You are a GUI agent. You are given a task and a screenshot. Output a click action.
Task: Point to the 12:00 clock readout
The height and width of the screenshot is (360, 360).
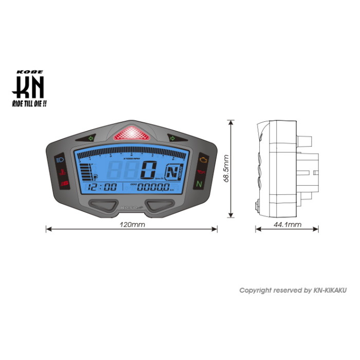pos(102,187)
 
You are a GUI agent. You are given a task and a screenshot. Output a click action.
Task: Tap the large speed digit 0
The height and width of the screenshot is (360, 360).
pos(149,169)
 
